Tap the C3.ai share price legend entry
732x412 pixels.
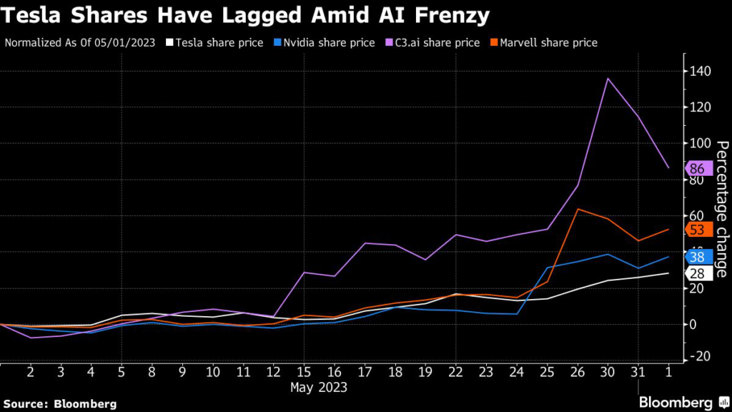(433, 42)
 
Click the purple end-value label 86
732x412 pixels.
(697, 169)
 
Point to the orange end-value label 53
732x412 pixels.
(697, 230)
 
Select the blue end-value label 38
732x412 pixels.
(697, 257)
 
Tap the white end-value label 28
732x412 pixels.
(697, 274)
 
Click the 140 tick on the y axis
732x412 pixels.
(700, 71)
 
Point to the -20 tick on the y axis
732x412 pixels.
(700, 356)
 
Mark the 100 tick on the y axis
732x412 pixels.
(700, 143)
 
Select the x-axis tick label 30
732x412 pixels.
(608, 372)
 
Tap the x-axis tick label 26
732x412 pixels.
(577, 372)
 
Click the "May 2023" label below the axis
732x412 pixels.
(318, 388)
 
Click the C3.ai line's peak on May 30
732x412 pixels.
(608, 78)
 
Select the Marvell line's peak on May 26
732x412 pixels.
(577, 209)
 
